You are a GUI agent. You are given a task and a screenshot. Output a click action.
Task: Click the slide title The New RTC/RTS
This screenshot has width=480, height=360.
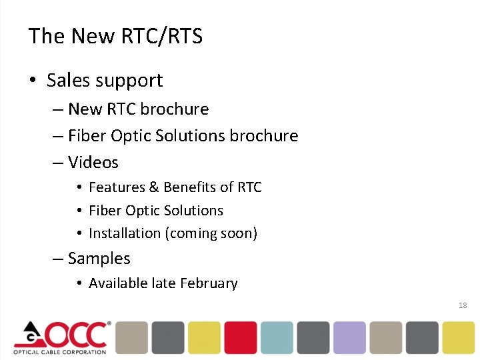[115, 36]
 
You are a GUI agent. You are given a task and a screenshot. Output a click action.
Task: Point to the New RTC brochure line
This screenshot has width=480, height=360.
[138, 109]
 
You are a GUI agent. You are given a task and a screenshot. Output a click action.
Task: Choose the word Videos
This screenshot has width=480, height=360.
[93, 162]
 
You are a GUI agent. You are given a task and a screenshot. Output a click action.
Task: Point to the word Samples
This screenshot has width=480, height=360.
[99, 258]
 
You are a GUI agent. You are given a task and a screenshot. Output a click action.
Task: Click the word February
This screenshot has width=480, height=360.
[208, 283]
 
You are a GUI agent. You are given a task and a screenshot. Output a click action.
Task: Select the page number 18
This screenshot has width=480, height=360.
[463, 305]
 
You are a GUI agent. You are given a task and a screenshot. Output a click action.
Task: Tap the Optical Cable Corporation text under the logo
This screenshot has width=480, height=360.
[60, 351]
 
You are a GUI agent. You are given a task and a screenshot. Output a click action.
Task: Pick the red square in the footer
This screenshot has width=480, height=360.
[240, 337]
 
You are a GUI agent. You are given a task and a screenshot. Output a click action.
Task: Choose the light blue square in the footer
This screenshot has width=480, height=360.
[277, 337]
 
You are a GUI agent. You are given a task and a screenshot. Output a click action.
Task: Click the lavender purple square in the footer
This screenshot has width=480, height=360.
[349, 337]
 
